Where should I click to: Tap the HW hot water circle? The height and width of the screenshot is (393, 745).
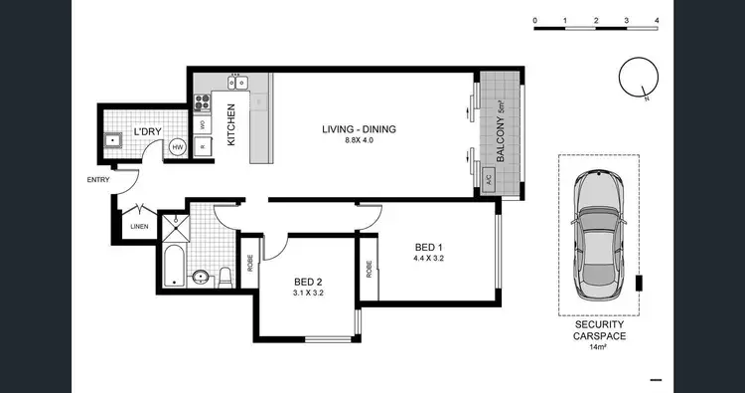click(x=178, y=147)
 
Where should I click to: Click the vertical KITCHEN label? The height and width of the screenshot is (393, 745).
click(x=231, y=125)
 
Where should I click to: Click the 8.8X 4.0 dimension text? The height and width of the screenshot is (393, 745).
click(x=356, y=141)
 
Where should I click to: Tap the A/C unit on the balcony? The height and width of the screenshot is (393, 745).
click(x=488, y=179)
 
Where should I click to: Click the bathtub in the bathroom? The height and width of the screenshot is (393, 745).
click(x=174, y=266)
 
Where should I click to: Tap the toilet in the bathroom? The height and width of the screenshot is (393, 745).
click(x=225, y=276)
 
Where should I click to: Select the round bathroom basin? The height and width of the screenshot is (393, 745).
click(x=200, y=276)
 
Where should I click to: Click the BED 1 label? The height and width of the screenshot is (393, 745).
click(x=428, y=249)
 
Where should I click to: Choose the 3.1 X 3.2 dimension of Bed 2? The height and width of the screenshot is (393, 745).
click(x=308, y=294)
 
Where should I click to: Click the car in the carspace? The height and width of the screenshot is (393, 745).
click(x=600, y=232)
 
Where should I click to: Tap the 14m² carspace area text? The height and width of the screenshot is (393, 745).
click(x=598, y=346)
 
